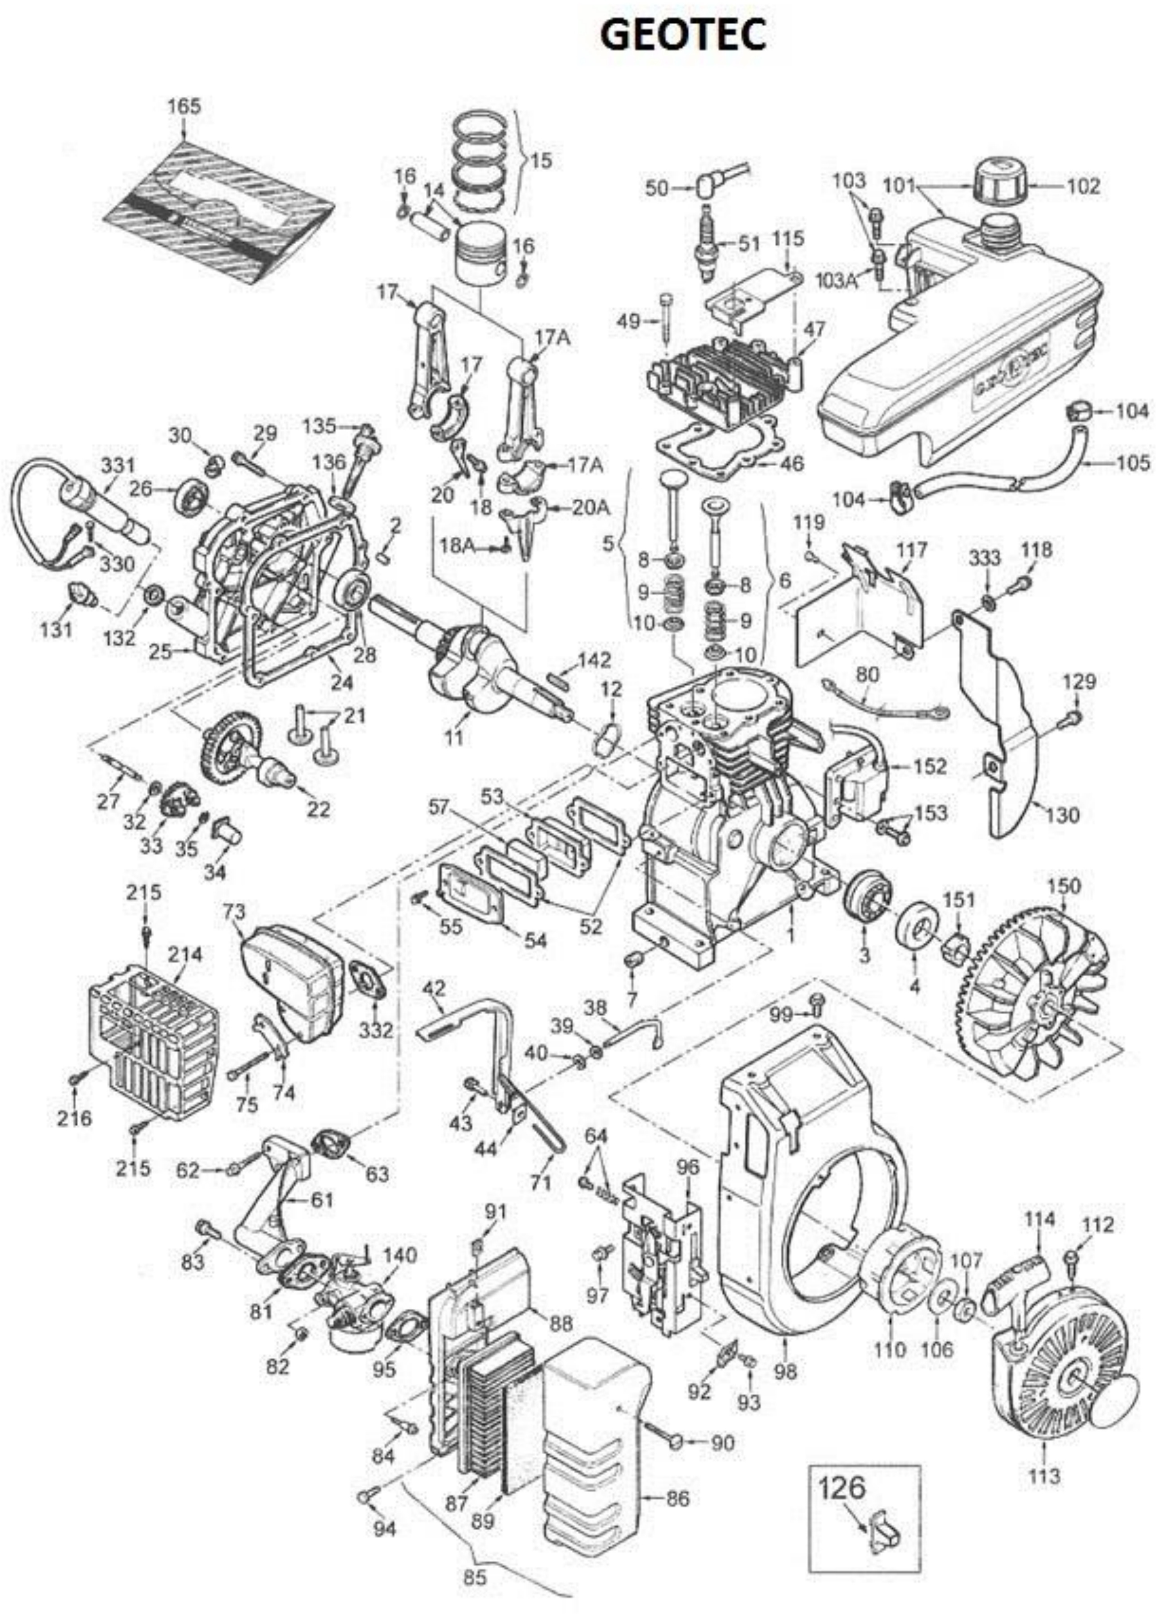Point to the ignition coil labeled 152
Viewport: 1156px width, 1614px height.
tap(857, 783)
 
